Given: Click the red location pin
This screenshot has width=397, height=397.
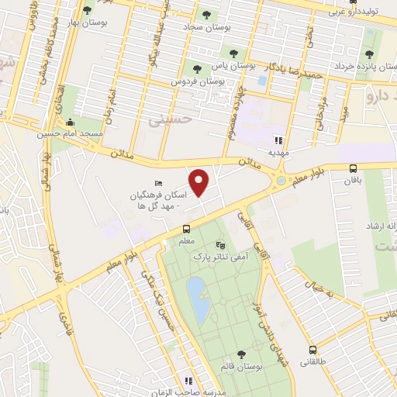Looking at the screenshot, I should [200, 182].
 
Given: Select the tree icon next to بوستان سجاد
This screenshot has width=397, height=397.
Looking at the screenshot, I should [205, 14].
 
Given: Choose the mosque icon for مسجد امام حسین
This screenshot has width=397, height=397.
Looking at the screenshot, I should [71, 122].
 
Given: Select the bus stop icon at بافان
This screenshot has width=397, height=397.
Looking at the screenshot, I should [354, 168].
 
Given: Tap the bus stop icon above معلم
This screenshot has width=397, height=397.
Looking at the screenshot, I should [186, 229].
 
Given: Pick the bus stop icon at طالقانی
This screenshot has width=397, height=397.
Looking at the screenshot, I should [312, 350].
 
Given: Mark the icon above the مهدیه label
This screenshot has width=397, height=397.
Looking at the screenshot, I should [277, 140].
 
